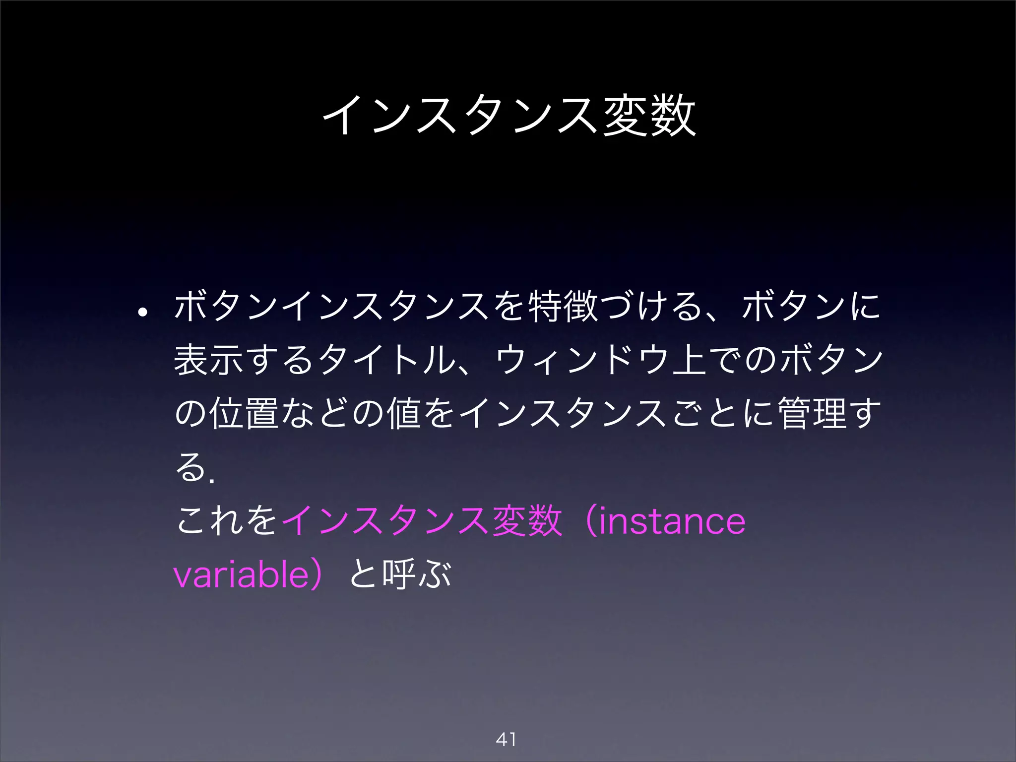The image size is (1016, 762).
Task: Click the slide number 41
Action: [x=506, y=740]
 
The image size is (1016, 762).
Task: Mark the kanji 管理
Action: [x=812, y=413]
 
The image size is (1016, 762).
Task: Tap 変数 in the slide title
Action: [x=649, y=116]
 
